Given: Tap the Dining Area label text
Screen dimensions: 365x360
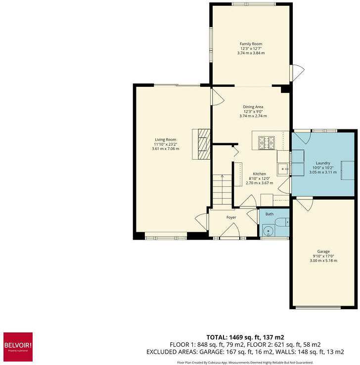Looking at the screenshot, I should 253,107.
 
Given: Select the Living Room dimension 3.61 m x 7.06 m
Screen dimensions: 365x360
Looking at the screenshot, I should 166,149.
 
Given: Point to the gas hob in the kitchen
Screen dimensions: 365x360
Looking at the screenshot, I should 267,142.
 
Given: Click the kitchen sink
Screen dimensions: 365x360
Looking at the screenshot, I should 283,169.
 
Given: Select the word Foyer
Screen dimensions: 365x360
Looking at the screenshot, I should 231,217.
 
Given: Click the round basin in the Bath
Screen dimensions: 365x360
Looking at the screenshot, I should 269,231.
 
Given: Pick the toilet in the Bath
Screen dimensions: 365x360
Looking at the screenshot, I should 282,222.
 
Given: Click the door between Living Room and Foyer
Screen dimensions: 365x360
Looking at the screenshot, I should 202,220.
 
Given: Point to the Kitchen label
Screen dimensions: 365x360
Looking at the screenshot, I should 260,174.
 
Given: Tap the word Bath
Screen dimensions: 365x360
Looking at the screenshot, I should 269,214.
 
